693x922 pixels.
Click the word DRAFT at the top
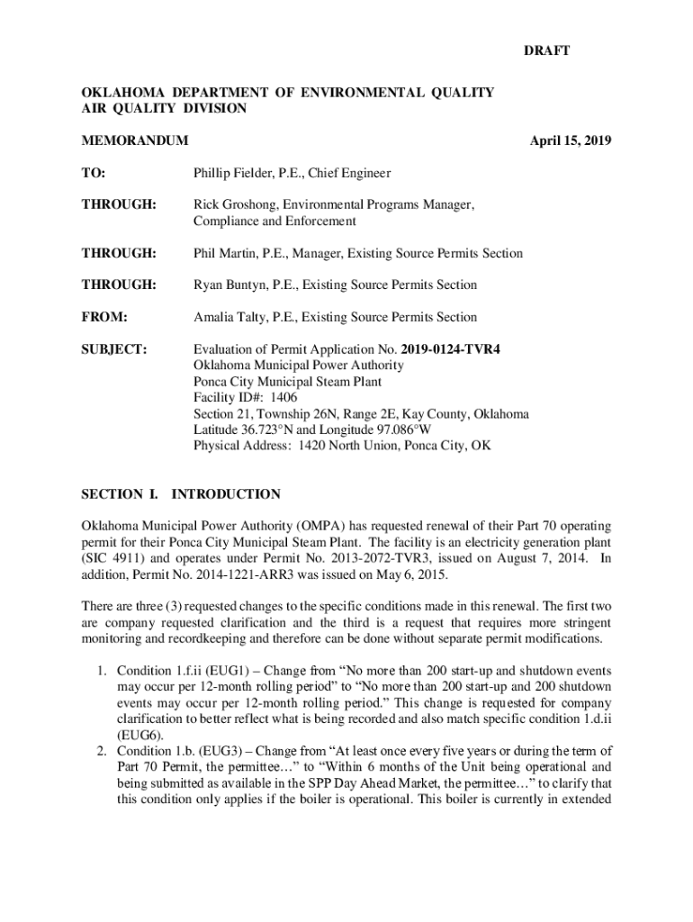point(546,51)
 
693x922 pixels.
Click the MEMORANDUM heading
point(135,140)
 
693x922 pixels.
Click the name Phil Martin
point(226,253)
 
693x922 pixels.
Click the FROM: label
point(104,317)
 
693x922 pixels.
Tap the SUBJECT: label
point(114,348)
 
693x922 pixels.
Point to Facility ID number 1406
point(283,397)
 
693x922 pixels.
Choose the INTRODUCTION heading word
point(226,494)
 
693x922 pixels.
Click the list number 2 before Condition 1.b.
point(102,751)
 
